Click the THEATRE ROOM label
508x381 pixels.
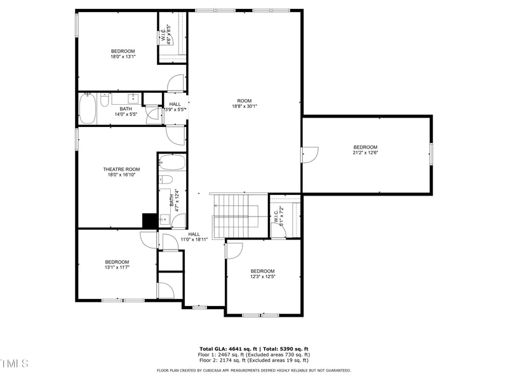point(121,170)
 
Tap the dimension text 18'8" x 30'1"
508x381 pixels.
point(244,106)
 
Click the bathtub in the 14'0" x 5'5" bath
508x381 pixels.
point(88,109)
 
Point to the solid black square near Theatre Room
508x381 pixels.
point(149,220)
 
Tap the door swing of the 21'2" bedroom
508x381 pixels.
point(310,154)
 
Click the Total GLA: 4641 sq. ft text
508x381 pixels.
point(225,349)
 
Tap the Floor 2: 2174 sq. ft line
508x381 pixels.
point(254,361)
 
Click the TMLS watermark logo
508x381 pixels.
point(15,363)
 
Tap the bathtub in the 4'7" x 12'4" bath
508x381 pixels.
point(171,163)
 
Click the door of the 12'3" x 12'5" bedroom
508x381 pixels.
point(234,251)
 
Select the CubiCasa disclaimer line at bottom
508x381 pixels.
point(254,370)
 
